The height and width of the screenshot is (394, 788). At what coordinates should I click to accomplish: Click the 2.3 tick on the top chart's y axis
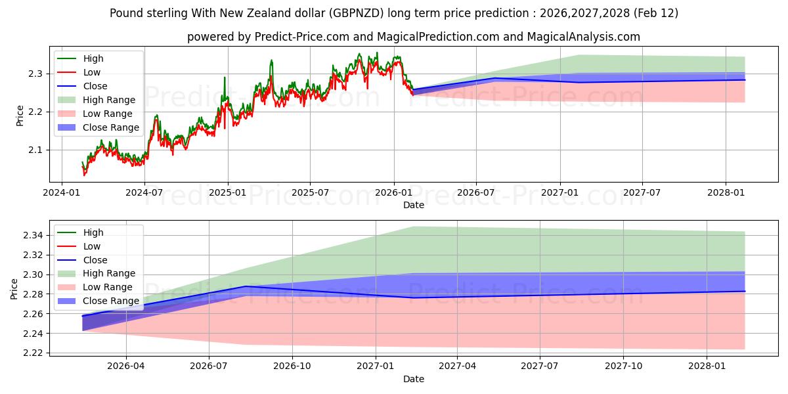point(36,74)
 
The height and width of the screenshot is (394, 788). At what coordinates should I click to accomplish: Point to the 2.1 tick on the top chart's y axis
point(36,150)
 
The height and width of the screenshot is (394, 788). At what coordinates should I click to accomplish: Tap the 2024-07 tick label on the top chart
point(144,192)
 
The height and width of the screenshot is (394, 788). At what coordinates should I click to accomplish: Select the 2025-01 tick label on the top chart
point(227,192)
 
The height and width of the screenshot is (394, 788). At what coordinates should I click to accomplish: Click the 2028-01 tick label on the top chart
point(726,192)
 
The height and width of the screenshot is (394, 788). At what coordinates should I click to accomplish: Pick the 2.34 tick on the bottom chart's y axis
point(33,235)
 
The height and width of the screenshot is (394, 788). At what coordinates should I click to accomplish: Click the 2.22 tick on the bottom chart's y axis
point(33,353)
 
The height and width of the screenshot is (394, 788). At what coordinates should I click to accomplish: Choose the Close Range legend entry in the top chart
point(110,127)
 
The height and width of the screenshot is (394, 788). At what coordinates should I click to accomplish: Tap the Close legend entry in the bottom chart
point(95,260)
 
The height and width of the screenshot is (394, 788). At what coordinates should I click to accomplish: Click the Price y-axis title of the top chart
point(20,115)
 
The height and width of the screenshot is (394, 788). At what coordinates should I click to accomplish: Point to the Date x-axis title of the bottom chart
point(414,379)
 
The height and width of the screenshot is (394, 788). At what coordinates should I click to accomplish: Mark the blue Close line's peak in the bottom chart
point(246,286)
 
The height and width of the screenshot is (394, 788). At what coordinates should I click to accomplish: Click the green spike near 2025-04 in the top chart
point(271,60)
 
